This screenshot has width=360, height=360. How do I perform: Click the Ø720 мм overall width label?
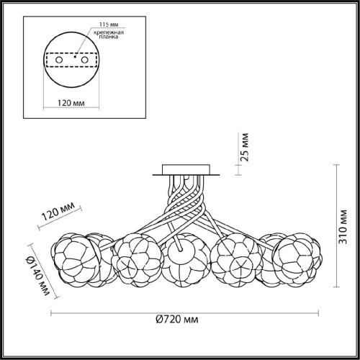(x=177, y=320)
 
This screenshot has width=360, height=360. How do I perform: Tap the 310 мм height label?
(x=343, y=227)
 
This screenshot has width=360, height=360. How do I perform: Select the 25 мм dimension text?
(x=245, y=147)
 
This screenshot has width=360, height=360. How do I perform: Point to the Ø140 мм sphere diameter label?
(x=38, y=276)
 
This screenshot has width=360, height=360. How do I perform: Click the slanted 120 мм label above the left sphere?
(x=58, y=211)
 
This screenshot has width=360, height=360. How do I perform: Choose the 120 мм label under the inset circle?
(x=71, y=103)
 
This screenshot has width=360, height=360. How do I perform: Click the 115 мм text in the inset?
(x=109, y=24)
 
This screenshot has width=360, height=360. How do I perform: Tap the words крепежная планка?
(x=109, y=35)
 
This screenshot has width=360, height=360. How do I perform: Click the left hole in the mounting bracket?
(x=59, y=60)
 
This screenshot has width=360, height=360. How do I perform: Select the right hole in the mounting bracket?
(x=84, y=60)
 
